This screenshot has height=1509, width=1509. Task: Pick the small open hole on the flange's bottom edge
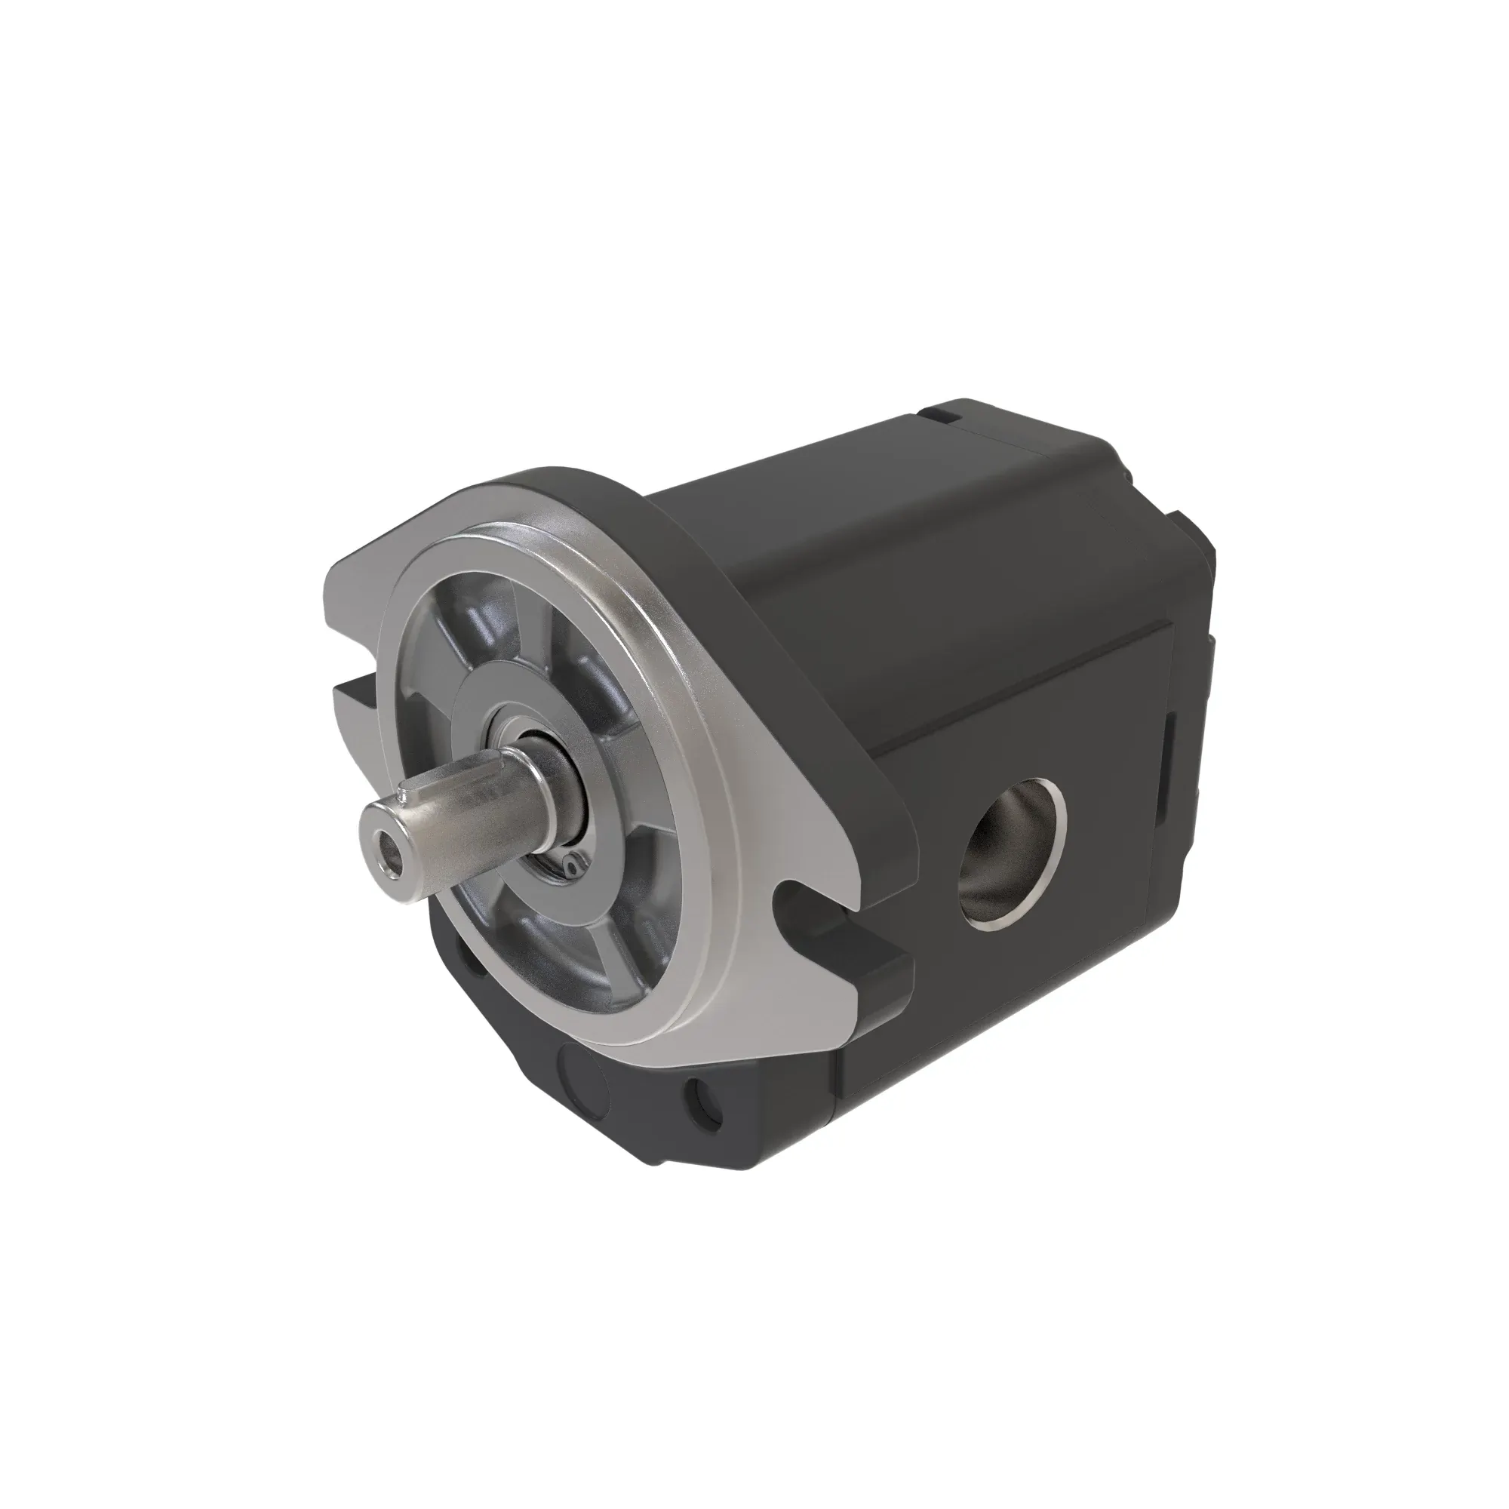click(x=702, y=1105)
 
